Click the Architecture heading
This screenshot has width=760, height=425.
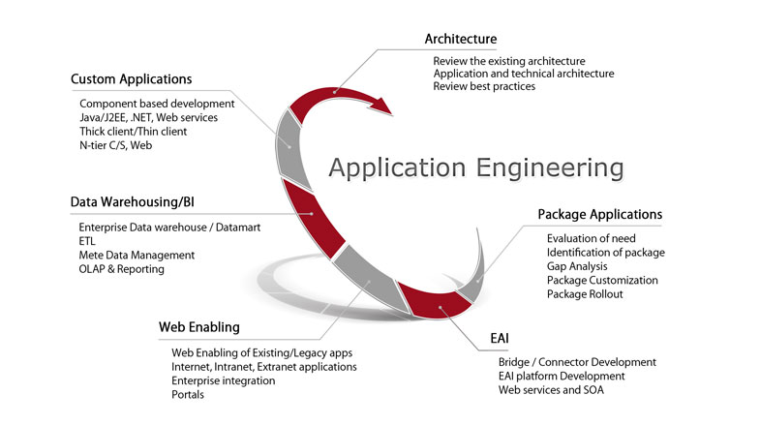pyautogui.click(x=460, y=39)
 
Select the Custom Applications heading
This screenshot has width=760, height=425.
pyautogui.click(x=131, y=78)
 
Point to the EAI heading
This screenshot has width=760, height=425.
pyautogui.click(x=500, y=340)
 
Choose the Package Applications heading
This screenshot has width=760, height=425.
pyautogui.click(x=599, y=214)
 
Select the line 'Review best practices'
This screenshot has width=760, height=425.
pyautogui.click(x=484, y=87)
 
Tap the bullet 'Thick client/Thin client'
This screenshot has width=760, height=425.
pyautogui.click(x=133, y=132)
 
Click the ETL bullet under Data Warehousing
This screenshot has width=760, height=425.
pyautogui.click(x=88, y=241)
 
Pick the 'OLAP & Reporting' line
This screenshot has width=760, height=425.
pyautogui.click(x=121, y=269)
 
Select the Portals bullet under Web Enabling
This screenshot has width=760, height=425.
pyautogui.click(x=187, y=395)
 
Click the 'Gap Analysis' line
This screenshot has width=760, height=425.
pyautogui.click(x=576, y=266)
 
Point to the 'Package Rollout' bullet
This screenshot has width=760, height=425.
pyautogui.click(x=585, y=294)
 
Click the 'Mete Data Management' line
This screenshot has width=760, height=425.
pyautogui.click(x=137, y=256)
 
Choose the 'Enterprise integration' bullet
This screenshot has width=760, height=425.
pyautogui.click(x=223, y=381)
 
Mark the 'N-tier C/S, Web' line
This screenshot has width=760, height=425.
pyautogui.click(x=116, y=145)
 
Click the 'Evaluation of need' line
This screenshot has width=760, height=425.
pyautogui.click(x=591, y=238)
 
